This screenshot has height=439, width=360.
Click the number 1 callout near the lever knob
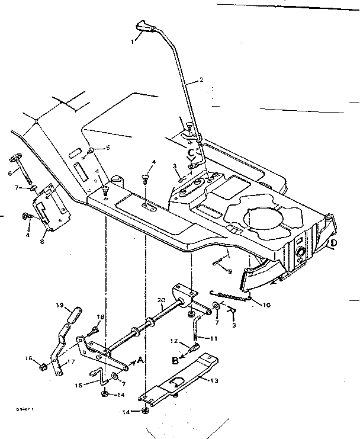coord(134,42)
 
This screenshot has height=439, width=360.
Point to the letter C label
coord(191,153)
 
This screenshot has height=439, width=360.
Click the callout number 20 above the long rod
coord(161,300)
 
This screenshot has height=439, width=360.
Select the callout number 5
coord(107,148)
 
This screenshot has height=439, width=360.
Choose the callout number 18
coord(100,318)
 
